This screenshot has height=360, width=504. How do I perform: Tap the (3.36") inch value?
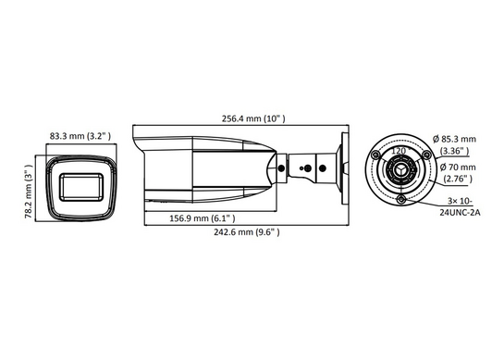pos(454,150)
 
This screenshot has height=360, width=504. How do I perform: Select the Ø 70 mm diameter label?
pos(454,168)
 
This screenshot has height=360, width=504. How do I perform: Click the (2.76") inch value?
pos(454,180)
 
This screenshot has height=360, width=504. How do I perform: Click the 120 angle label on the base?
pos(400,150)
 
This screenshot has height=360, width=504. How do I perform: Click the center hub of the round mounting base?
pos(400,168)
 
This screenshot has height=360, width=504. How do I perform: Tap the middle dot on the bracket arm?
pos(305,168)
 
